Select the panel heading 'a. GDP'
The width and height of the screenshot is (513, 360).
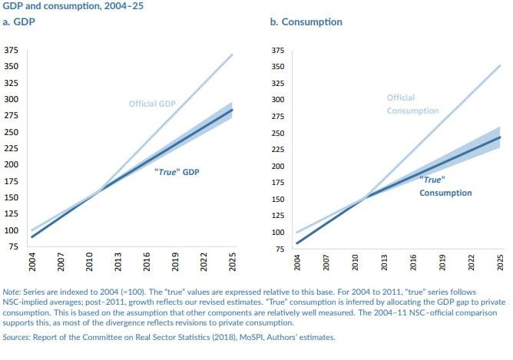21,22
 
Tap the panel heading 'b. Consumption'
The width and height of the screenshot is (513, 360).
306,22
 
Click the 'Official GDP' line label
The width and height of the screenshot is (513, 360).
153,104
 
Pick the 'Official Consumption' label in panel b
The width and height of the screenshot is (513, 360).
412,104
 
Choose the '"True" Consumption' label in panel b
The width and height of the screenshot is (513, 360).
445,185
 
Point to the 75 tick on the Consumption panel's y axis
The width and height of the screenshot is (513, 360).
280,247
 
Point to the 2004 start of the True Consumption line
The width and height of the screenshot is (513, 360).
298,243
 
